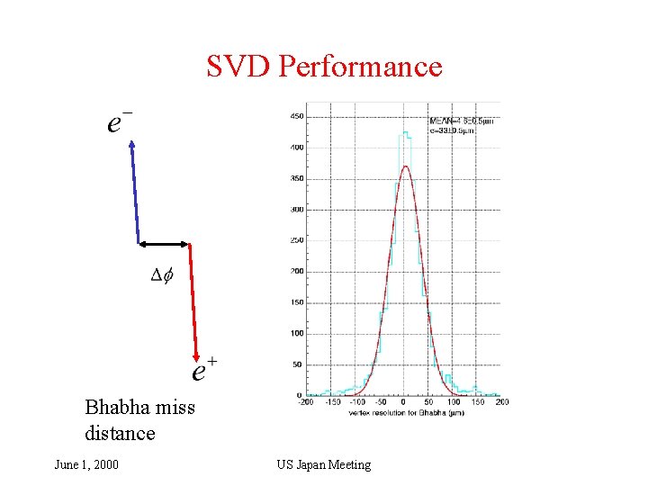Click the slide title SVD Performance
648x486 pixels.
[x=324, y=67]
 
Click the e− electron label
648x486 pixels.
[x=120, y=122]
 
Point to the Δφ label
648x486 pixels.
[x=162, y=275]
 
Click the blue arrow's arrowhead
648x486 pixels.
[x=131, y=144]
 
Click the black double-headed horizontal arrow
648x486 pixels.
[x=164, y=243]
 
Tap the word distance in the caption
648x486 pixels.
[x=120, y=433]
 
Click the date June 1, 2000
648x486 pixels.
[x=86, y=464]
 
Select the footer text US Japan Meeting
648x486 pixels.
[x=323, y=464]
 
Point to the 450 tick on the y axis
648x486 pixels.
[x=296, y=116]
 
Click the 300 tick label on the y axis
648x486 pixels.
[x=296, y=210]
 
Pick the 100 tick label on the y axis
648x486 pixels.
[x=296, y=334]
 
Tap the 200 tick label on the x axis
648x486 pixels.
[x=501, y=402]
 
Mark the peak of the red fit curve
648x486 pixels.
[x=406, y=166]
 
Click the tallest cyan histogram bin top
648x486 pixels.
[x=406, y=133]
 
